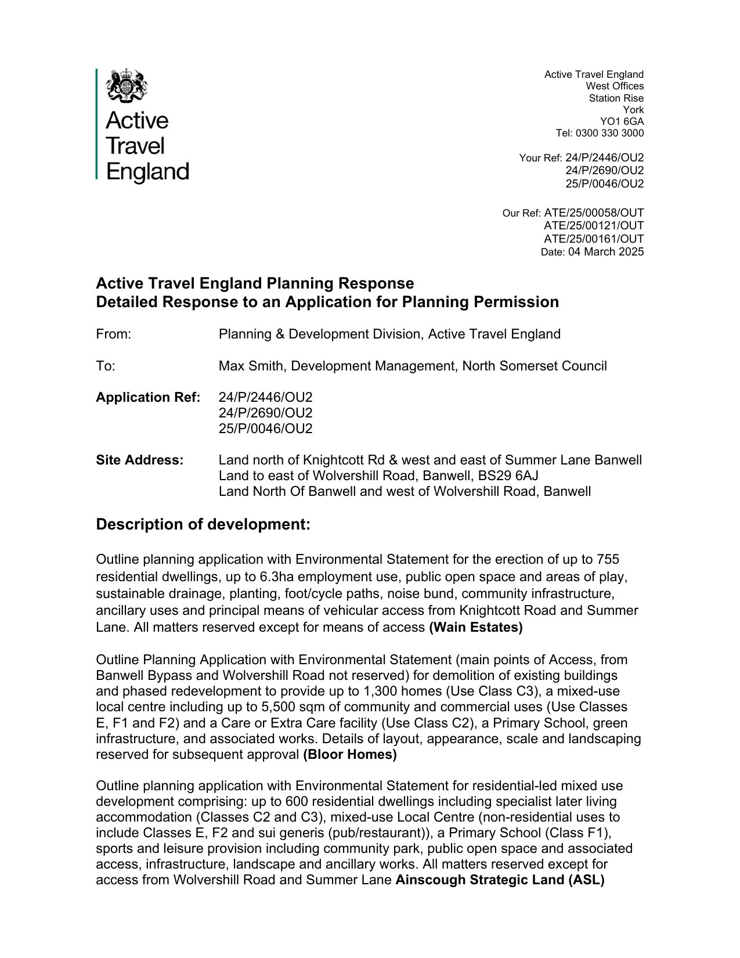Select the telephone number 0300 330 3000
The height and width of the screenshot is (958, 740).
pyautogui.click(x=609, y=133)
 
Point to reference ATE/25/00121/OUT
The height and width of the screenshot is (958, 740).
pyautogui.click(x=593, y=225)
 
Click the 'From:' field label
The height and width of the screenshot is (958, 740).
pyautogui.click(x=114, y=334)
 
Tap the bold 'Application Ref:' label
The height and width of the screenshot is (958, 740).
pyautogui.click(x=148, y=397)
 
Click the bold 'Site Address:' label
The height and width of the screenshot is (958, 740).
pyautogui.click(x=140, y=460)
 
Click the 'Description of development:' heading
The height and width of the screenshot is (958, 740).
pyautogui.click(x=203, y=524)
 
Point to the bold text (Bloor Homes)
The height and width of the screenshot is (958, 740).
pyautogui.click(x=350, y=754)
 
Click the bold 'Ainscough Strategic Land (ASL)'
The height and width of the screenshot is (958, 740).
pyautogui.click(x=500, y=880)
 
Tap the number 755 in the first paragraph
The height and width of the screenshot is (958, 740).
pyautogui.click(x=608, y=559)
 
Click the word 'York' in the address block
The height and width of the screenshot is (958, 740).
pyautogui.click(x=633, y=110)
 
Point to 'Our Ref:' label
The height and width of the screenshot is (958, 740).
pyautogui.click(x=521, y=213)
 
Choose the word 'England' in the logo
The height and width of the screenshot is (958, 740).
pyautogui.click(x=148, y=172)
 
